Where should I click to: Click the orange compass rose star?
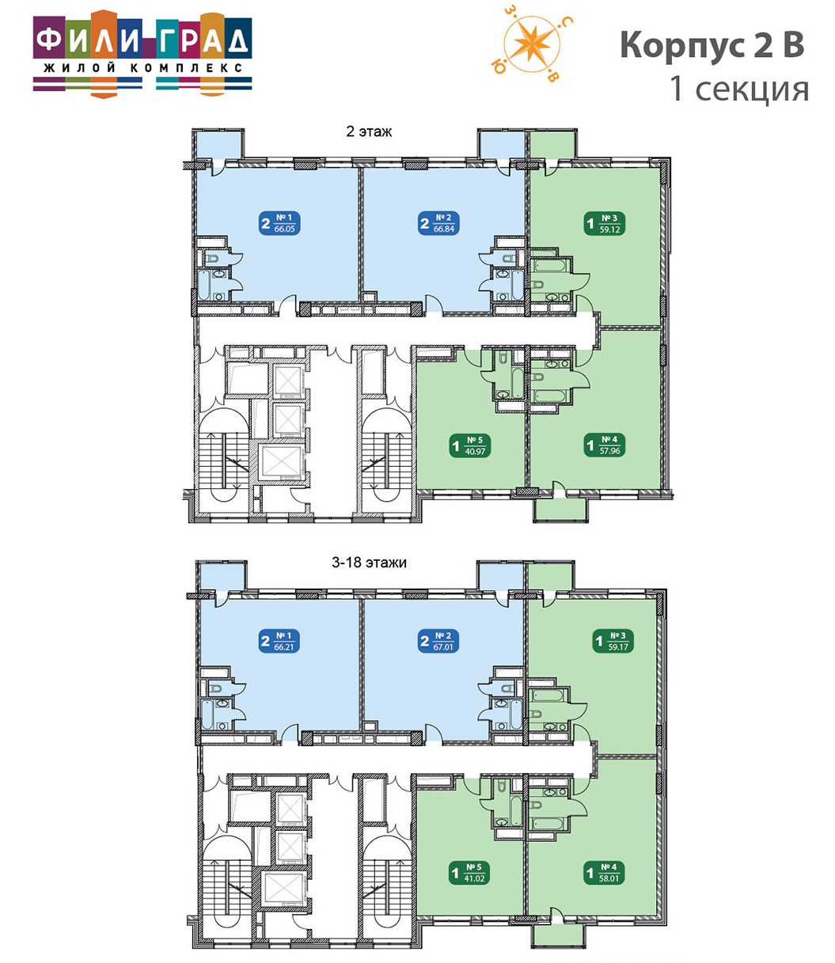point(532,44)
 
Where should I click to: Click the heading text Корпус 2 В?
point(712,45)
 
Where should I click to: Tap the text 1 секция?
point(739,89)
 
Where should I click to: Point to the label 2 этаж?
point(369,132)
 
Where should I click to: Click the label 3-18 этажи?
point(369,563)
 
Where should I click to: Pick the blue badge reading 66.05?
point(279,223)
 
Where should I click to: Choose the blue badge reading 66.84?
point(439,223)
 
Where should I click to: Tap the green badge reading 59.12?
point(605,224)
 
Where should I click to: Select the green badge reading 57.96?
point(605,445)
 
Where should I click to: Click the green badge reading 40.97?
point(471,445)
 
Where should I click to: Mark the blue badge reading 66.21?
point(279,642)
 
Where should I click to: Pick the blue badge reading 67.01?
point(439,642)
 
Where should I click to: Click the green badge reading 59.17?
point(613,642)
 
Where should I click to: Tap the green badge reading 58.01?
point(605,873)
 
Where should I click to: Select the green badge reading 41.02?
point(471,873)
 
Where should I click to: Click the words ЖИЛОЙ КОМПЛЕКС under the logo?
point(142,68)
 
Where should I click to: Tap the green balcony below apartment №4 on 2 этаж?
point(560,510)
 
